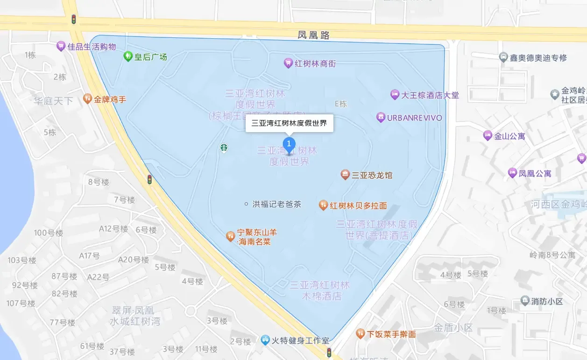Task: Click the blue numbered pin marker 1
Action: pyautogui.click(x=290, y=143)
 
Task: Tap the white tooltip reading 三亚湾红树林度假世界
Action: pyautogui.click(x=289, y=123)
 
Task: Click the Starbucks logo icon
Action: pyautogui.click(x=224, y=148)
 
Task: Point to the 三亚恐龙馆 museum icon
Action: pyautogui.click(x=345, y=175)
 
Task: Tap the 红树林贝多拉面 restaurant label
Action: pyautogui.click(x=358, y=205)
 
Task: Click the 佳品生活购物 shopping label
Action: pyautogui.click(x=92, y=47)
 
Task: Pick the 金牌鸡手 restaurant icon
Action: pyautogui.click(x=87, y=99)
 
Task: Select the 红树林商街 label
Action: pyautogui.click(x=315, y=63)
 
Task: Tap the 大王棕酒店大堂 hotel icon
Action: pyautogui.click(x=395, y=95)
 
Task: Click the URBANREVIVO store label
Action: pyautogui.click(x=414, y=118)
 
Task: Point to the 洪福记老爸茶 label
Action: pyautogui.click(x=276, y=204)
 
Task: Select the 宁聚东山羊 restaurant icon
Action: pyautogui.click(x=230, y=236)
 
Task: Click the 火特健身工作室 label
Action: pyautogui.click(x=301, y=341)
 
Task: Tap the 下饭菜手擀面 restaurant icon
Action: pyautogui.click(x=360, y=334)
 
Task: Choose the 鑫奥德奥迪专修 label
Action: pyautogui.click(x=538, y=58)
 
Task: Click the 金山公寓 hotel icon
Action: pyautogui.click(x=488, y=136)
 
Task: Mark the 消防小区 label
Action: pyautogui.click(x=547, y=301)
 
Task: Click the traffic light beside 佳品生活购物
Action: pyautogui.click(x=73, y=19)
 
